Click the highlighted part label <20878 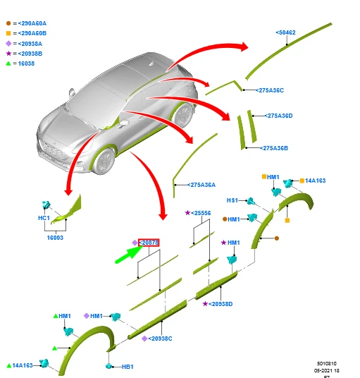pyautogui.click(x=149, y=243)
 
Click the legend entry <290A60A pyautogui.click(x=32, y=23)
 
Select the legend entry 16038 pyautogui.click(x=25, y=63)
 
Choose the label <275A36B pyautogui.click(x=275, y=148)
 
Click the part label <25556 pyautogui.click(x=201, y=212)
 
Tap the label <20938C pyautogui.click(x=159, y=339)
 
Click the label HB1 pyautogui.click(x=128, y=367)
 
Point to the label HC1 pyautogui.click(x=44, y=218)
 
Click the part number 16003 pyautogui.click(x=55, y=238)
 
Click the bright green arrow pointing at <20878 pyautogui.click(x=128, y=253)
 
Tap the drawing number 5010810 pyautogui.click(x=326, y=364)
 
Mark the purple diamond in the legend pyautogui.click(x=8, y=43)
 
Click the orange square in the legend pyautogui.click(x=8, y=33)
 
